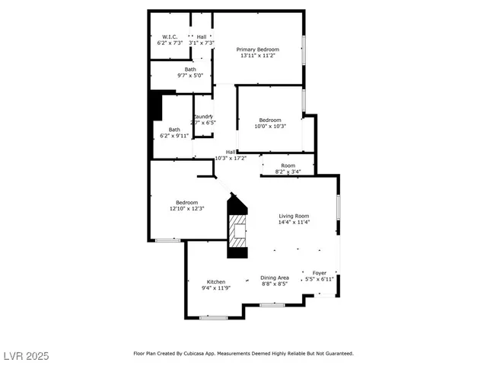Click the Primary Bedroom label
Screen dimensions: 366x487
[258, 50]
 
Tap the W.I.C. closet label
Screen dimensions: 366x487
[169, 37]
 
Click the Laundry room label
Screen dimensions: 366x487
[202, 116]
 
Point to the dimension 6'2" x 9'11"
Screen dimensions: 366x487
[174, 135]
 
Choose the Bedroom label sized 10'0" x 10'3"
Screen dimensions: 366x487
[269, 120]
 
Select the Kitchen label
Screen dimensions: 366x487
[215, 281]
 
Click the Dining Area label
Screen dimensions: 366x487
[275, 278]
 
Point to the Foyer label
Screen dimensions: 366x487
[319, 273]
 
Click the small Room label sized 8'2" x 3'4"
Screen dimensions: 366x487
[288, 165]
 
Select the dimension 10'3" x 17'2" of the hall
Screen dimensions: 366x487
[231, 158]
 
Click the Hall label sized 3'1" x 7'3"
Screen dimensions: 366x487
[202, 37]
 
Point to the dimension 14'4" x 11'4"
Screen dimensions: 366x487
[293, 223]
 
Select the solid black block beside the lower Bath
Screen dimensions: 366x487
[156, 105]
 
